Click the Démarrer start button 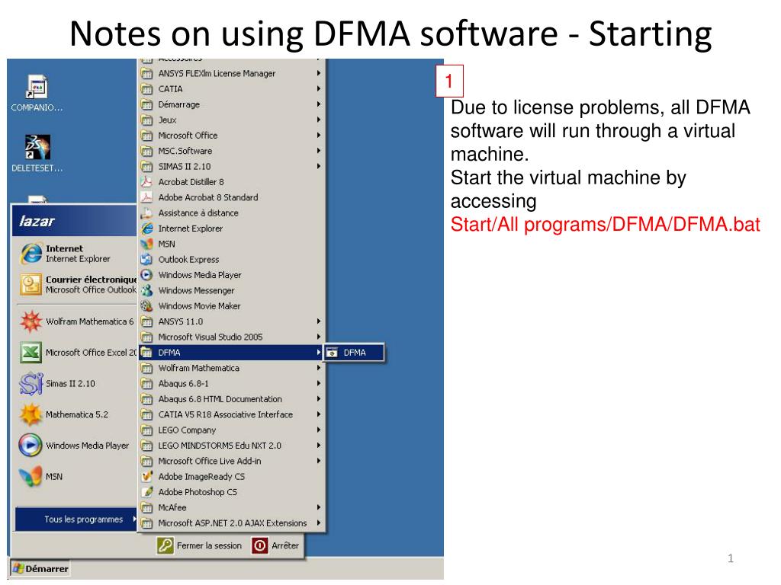[40, 569]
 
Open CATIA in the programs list [170, 89]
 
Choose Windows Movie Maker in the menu [199, 306]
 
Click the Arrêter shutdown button [278, 545]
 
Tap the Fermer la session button [201, 545]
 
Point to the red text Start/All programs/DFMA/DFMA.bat [606, 225]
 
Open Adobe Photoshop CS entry [197, 492]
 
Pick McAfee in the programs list [172, 507]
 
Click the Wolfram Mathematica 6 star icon [31, 321]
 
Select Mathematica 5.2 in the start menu [76, 414]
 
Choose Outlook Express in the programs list [188, 260]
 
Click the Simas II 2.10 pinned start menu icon [31, 383]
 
